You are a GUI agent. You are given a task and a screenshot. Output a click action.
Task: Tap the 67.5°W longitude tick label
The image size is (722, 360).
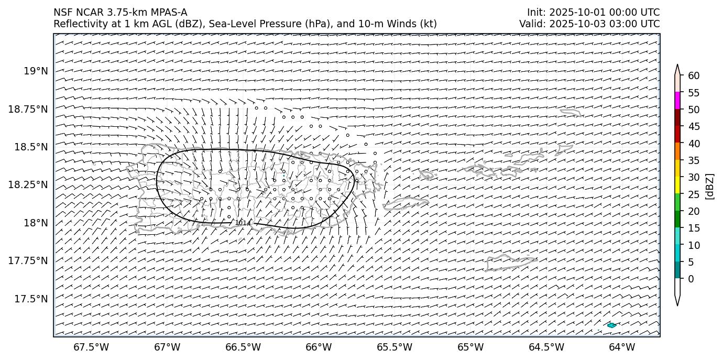pos(91,347)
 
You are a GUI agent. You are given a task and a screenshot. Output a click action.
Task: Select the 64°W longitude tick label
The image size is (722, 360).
pos(622,347)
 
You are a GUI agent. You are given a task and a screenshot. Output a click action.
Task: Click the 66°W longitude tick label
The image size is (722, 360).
pos(319,347)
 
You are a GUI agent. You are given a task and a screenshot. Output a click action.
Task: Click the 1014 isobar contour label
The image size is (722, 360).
pos(243,223)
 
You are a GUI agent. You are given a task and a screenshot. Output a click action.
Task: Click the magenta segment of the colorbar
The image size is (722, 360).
pos(677,101)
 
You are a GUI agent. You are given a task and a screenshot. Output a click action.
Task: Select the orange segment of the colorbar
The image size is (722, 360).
pos(677,151)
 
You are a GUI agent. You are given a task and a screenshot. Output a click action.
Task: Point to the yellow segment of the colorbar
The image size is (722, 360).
pos(677,185)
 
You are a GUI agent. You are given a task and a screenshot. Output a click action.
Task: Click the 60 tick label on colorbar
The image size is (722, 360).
pos(694,76)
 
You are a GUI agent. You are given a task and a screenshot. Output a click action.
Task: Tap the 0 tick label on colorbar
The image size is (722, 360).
pos(691,279)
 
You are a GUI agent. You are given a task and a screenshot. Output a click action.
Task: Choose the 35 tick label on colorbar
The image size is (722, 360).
pos(694,160)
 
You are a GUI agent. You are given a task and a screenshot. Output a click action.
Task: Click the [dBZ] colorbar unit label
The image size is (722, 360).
pos(710,186)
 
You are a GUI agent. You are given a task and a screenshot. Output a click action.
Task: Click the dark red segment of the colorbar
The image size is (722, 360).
pos(677,117)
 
